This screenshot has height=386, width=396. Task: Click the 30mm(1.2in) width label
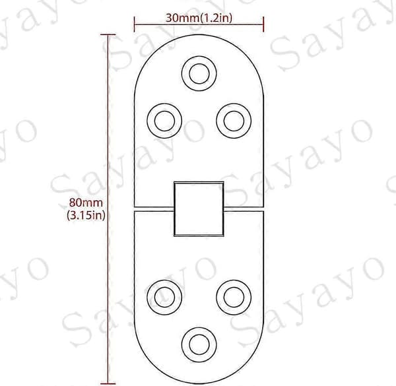pyautogui.click(x=199, y=18)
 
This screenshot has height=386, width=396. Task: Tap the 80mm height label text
pyautogui.click(x=86, y=203)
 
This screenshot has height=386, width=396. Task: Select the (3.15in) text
pyautogui.click(x=86, y=215)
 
